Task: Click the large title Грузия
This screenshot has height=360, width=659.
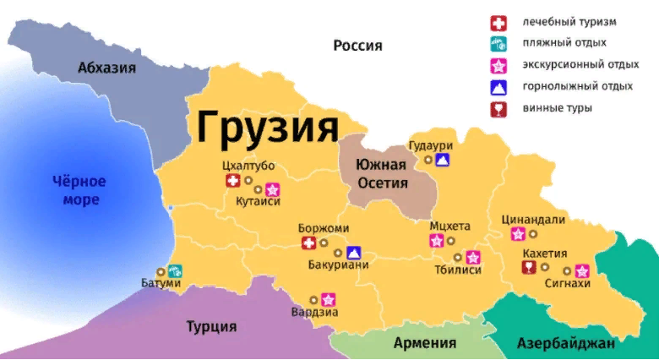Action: tap(267, 128)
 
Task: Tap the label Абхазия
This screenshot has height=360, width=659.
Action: tap(106, 68)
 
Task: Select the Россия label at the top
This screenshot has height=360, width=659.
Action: tap(357, 46)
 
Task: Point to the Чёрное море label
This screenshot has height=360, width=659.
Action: tap(79, 190)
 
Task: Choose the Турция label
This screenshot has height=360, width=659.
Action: tap(211, 326)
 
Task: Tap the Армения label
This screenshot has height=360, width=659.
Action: tap(424, 343)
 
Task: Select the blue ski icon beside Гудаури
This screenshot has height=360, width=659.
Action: tap(443, 159)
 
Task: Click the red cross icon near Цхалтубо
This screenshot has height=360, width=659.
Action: tap(232, 181)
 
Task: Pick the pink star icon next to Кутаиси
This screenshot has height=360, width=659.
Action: tap(272, 188)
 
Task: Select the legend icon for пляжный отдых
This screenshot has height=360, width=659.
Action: tap(498, 43)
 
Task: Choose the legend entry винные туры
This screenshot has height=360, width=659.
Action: tap(557, 108)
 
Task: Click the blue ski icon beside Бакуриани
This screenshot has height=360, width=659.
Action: tap(353, 252)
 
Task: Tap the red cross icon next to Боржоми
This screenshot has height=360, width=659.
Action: tap(309, 243)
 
